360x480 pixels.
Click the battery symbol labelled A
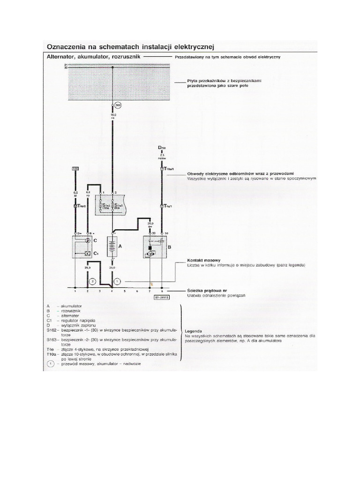[112, 247]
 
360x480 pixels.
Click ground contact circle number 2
[93, 281]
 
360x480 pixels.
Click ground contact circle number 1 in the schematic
[118, 281]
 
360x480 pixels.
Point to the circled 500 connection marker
[118, 105]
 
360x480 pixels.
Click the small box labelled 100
[75, 168]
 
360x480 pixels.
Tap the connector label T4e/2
[81, 206]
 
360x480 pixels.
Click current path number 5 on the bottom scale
[124, 291]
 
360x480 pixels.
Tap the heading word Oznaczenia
[66, 47]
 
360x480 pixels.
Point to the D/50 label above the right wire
[162, 148]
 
